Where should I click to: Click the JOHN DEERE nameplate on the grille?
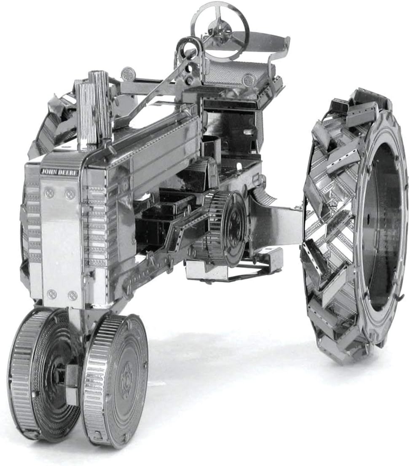point(59,172)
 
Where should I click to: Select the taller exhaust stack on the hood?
point(99,105)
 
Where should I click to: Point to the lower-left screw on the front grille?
point(52,294)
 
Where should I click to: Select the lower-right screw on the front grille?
point(72,295)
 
